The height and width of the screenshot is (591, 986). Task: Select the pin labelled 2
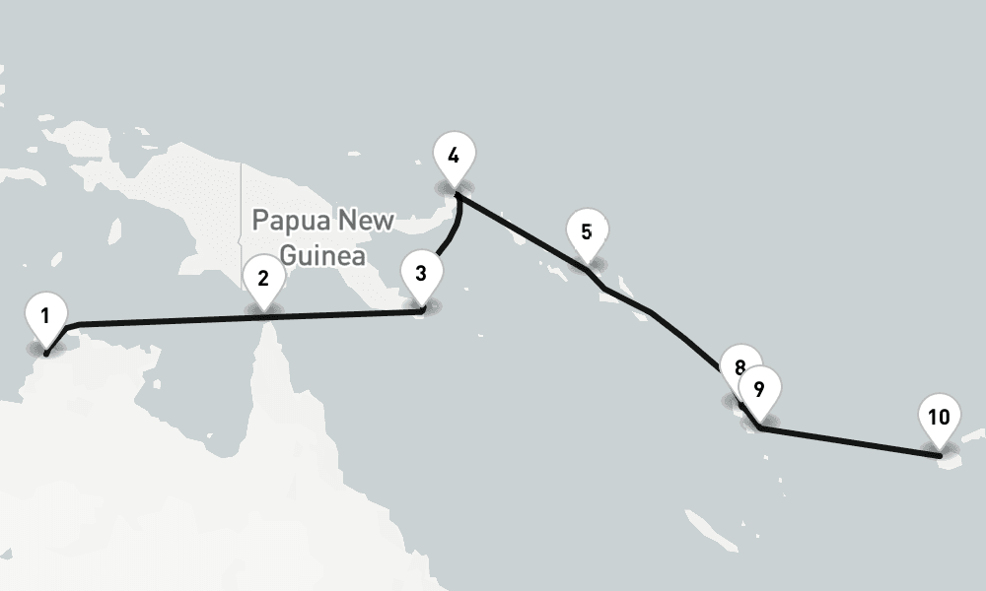point(263,278)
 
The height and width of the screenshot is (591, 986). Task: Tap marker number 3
point(421,273)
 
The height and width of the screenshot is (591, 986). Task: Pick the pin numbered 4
point(454,156)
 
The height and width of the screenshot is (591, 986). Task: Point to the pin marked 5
point(587,233)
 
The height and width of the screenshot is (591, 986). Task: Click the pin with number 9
point(759,389)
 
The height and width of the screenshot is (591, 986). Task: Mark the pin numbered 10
point(939,417)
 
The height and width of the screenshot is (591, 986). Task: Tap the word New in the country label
point(366,219)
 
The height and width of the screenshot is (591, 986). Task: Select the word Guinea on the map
point(322,256)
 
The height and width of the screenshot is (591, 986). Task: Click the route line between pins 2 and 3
point(345,314)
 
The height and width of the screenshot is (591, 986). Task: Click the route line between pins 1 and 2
point(158,320)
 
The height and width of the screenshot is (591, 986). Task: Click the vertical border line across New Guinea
point(241,197)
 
